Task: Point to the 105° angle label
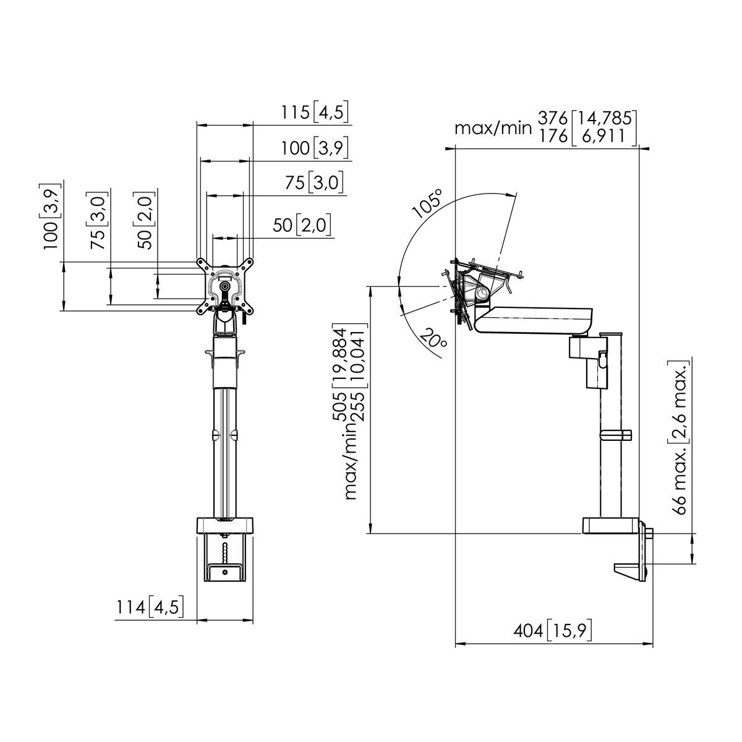(x=428, y=203)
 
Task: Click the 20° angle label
(x=433, y=344)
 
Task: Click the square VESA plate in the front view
(x=225, y=286)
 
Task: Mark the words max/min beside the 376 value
(x=493, y=128)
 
